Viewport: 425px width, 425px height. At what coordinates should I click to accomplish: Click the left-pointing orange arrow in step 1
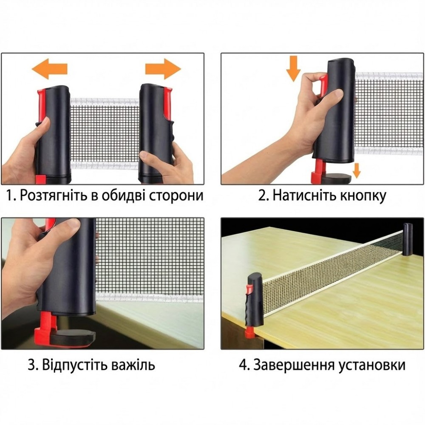click(x=49, y=69)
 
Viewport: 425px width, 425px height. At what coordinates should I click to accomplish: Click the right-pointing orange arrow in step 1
click(x=163, y=69)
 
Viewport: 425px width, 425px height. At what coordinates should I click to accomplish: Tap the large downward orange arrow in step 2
click(x=293, y=68)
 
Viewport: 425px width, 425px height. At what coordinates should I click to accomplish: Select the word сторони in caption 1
click(x=176, y=195)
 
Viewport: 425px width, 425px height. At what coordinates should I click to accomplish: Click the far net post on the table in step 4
click(x=408, y=239)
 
